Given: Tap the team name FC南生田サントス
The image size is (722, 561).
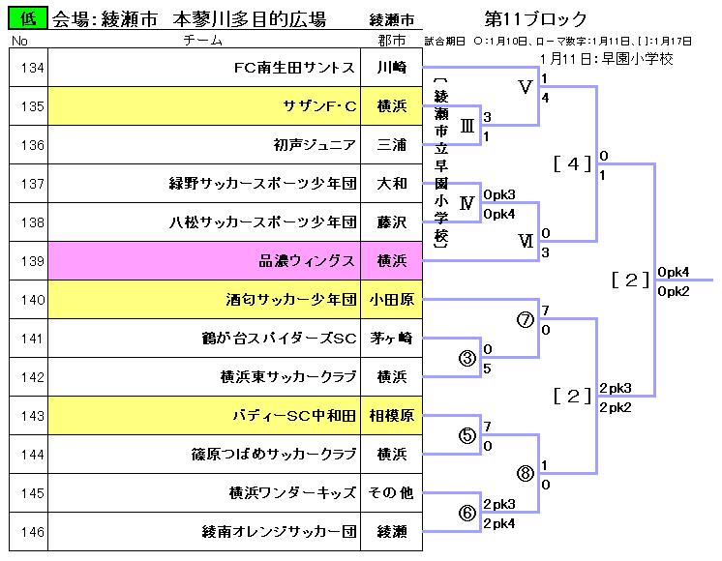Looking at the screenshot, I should point(294,68).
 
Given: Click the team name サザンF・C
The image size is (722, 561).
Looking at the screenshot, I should point(319,106).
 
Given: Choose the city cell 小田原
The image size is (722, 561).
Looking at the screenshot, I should point(391,300).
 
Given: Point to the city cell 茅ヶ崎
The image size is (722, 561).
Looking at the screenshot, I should point(391,339).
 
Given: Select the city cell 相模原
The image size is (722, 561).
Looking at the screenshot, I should point(391,416).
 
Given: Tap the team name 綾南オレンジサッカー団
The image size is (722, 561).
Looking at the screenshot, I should point(279,532).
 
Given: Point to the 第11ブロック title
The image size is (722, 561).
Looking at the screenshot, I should point(535,19).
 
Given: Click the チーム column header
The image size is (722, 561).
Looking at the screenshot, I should point(202,40).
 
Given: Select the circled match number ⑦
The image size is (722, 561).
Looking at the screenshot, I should point(525,320).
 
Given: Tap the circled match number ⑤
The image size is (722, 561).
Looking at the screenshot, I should point(467,435).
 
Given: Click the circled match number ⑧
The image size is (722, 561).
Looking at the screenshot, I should point(525,474).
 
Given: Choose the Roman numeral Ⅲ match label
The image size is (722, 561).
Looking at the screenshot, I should point(467,126).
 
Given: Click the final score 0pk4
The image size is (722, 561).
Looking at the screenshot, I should point(674,272).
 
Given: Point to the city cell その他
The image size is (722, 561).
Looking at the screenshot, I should point(391,493).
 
